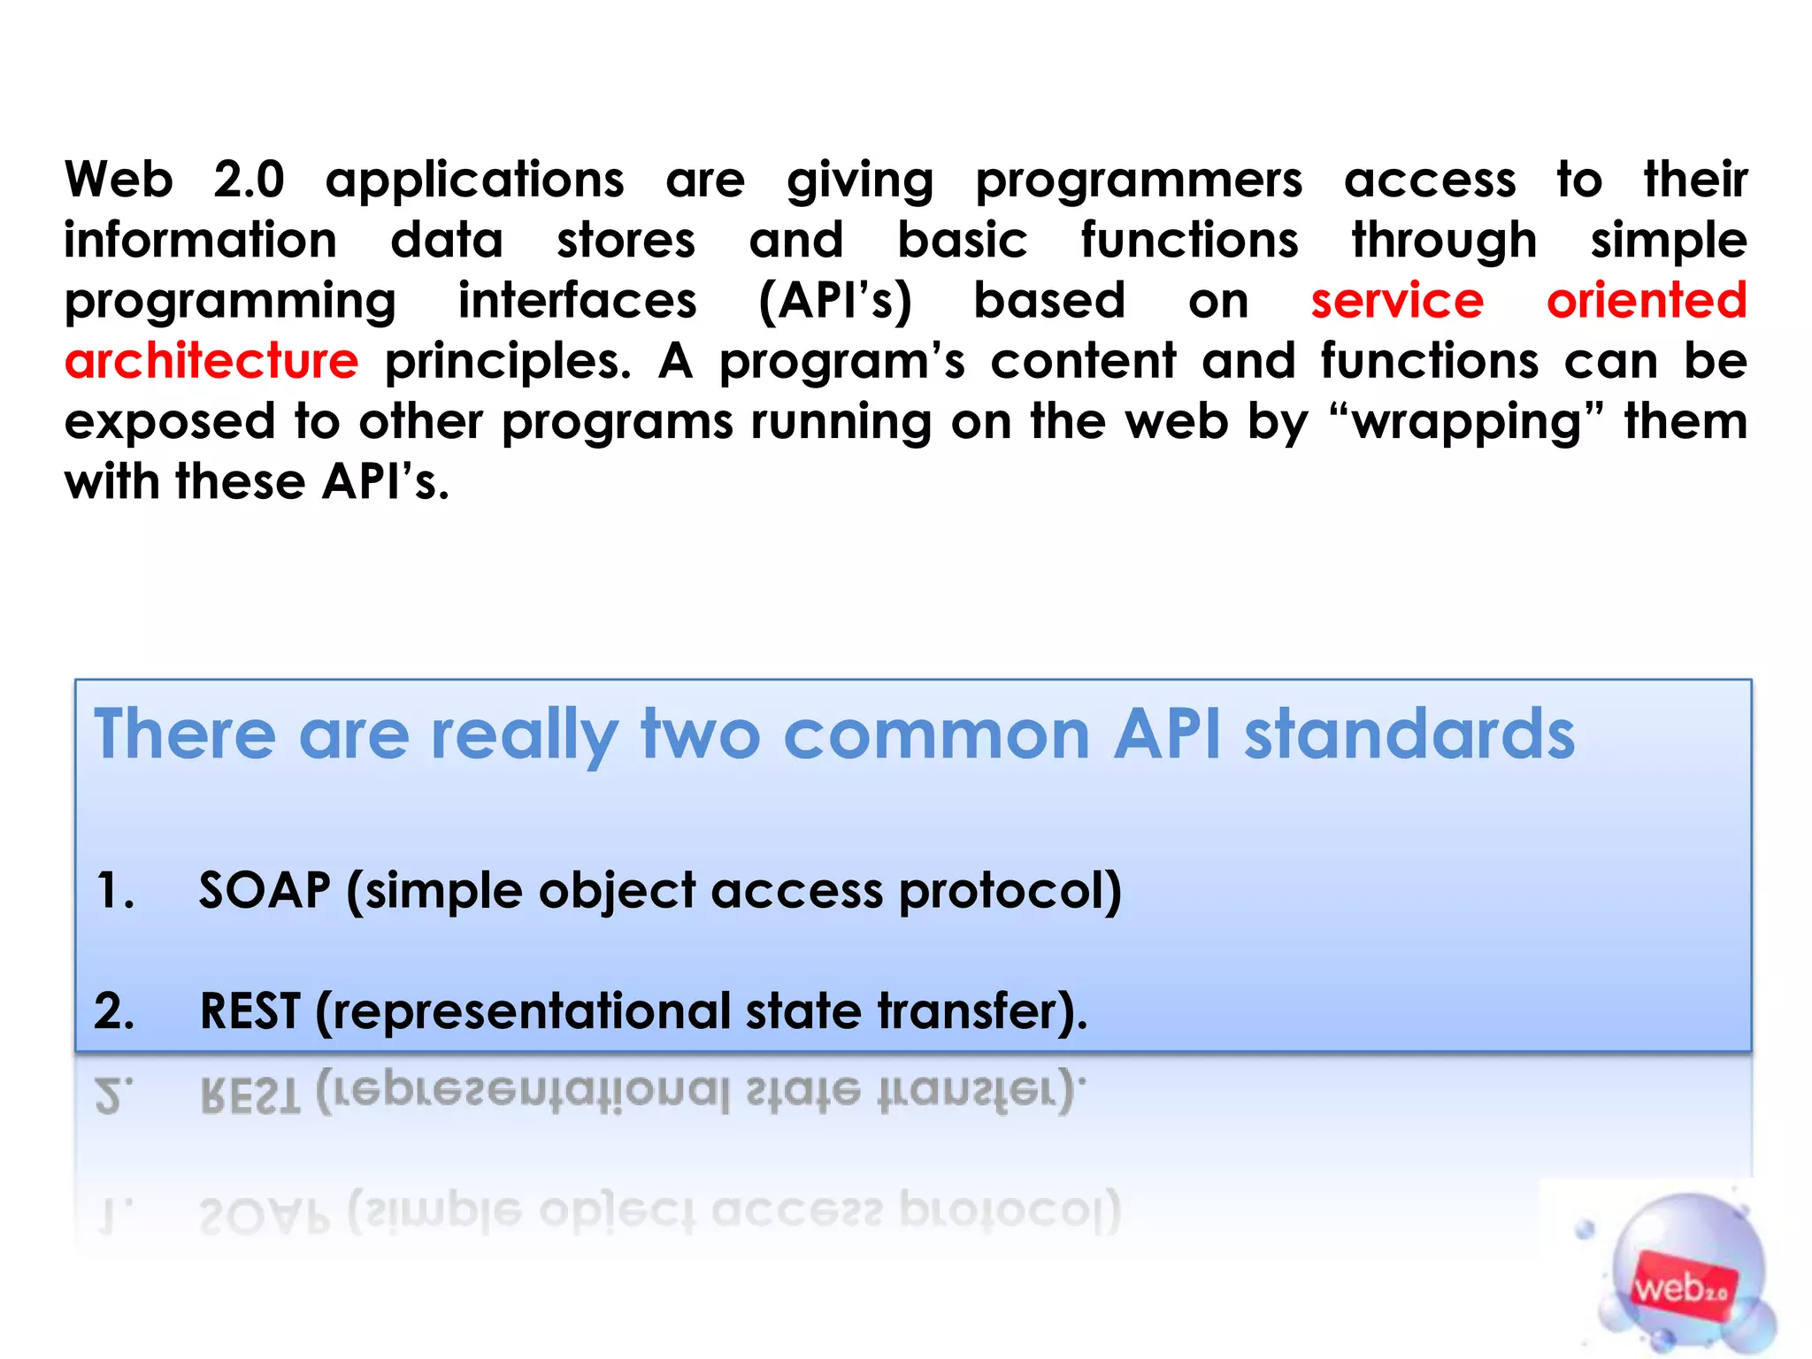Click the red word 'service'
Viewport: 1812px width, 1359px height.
1396,301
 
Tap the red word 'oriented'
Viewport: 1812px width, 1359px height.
1647,301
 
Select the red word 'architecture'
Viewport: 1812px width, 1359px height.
211,361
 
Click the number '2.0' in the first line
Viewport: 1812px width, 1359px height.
249,180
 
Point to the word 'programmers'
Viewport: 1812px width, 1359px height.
1139,181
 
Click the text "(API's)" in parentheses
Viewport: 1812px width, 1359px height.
835,301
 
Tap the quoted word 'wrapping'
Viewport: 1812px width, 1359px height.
1468,422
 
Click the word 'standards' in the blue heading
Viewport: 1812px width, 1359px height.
1409,733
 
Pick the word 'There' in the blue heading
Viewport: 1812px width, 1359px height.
185,733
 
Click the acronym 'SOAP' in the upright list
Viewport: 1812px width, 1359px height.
265,890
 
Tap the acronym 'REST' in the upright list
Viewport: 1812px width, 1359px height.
250,1011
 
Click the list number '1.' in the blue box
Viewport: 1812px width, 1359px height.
115,890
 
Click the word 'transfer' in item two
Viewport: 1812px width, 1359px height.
964,1011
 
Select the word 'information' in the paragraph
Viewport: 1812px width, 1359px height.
201,241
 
